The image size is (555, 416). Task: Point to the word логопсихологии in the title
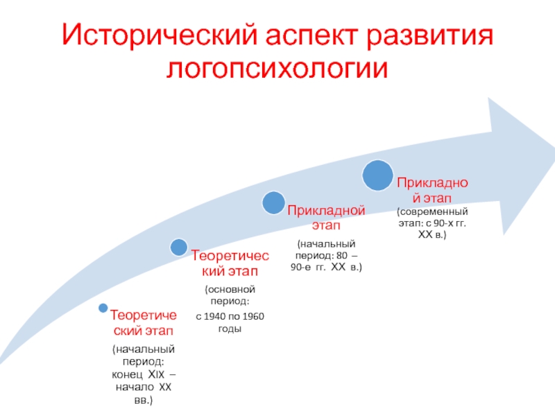(277, 68)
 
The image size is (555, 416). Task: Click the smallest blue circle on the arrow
(103, 307)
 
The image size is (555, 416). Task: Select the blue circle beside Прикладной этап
(273, 202)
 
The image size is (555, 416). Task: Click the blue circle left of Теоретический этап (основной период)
(178, 246)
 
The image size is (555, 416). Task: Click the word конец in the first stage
(125, 374)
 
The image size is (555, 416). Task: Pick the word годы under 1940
(230, 329)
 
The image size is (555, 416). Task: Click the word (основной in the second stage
(230, 288)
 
